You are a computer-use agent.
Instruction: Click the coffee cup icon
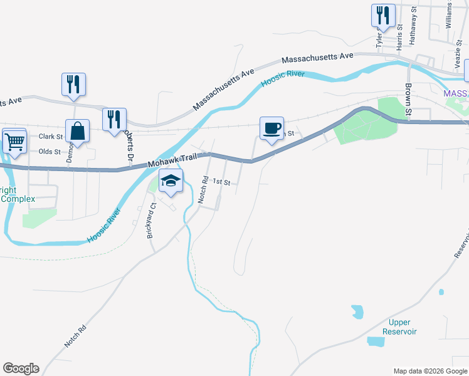click(271, 128)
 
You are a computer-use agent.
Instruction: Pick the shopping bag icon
click(77, 131)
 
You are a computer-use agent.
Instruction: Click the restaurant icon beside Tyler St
click(383, 15)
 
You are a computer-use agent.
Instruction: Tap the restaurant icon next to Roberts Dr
click(114, 119)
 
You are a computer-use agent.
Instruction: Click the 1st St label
click(221, 182)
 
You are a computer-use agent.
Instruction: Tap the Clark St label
click(51, 136)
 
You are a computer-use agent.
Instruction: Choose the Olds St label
click(50, 152)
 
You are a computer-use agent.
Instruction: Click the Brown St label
click(408, 100)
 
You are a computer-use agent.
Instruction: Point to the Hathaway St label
click(413, 25)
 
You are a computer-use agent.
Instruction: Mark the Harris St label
click(399, 37)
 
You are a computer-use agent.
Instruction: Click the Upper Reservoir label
click(400, 326)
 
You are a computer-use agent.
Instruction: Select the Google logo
click(21, 368)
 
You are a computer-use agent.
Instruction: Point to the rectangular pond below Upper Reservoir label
click(376, 342)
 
